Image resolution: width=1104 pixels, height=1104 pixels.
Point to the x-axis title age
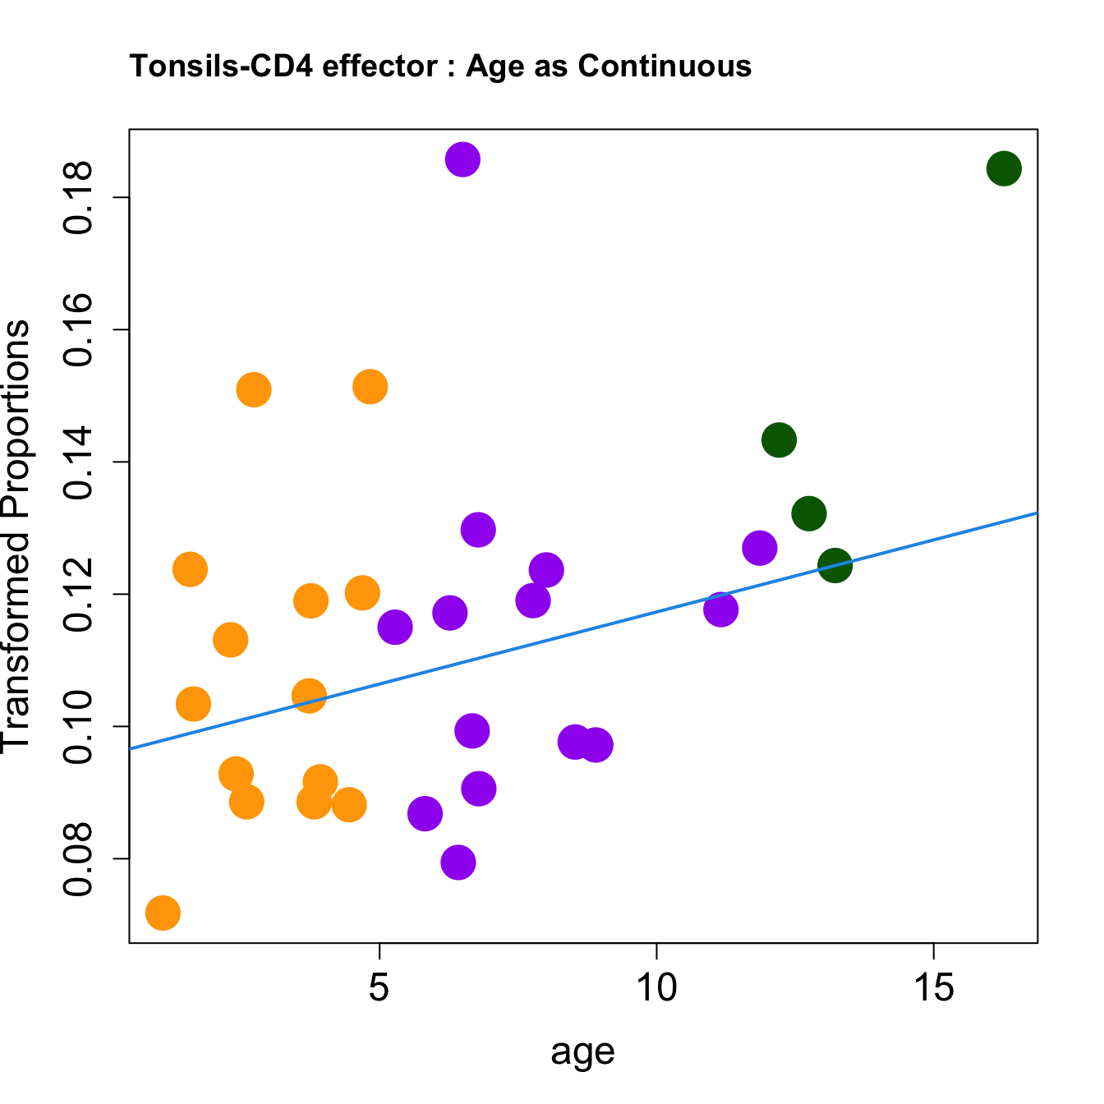[x=582, y=1052]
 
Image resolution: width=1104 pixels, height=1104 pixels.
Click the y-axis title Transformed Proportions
[x=16, y=535]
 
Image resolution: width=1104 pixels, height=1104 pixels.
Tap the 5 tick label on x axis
[x=379, y=988]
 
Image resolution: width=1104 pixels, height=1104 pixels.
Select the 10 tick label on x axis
[x=656, y=988]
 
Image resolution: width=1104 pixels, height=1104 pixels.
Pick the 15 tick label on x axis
[x=934, y=988]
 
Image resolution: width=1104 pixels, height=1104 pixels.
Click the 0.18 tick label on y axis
[x=79, y=198]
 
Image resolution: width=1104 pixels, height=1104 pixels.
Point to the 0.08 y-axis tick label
[x=79, y=859]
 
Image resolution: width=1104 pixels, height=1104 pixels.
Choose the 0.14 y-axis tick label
[x=79, y=462]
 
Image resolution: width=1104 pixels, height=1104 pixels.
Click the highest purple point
[x=462, y=159]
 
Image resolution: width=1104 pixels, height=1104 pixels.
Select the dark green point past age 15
[x=1004, y=169]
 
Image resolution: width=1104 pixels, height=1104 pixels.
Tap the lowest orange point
[x=163, y=913]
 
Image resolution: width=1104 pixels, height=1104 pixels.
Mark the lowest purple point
[x=458, y=862]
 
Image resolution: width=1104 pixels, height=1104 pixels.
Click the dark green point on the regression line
[x=835, y=565]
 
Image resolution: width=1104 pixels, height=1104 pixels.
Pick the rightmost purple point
[x=760, y=548]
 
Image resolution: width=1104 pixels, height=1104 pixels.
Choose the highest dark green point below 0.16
[x=779, y=440]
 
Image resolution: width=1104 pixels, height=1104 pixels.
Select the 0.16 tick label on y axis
[x=79, y=330]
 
